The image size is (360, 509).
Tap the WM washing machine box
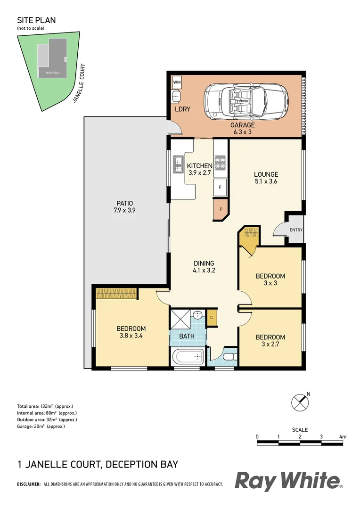tap(177, 82)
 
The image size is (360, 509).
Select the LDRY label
tap(182, 109)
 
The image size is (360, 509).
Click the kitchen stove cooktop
tap(220, 163)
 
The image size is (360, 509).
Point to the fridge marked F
tap(220, 187)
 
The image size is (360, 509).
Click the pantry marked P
tap(220, 209)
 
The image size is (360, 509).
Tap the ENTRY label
tap(296, 230)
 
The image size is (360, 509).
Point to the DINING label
tap(204, 263)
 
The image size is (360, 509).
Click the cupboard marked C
tap(212, 317)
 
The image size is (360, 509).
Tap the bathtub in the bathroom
tap(188, 357)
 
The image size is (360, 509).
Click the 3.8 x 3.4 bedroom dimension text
tap(131, 337)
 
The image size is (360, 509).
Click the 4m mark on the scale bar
tap(343, 437)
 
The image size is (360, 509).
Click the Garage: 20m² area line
tap(41, 426)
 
